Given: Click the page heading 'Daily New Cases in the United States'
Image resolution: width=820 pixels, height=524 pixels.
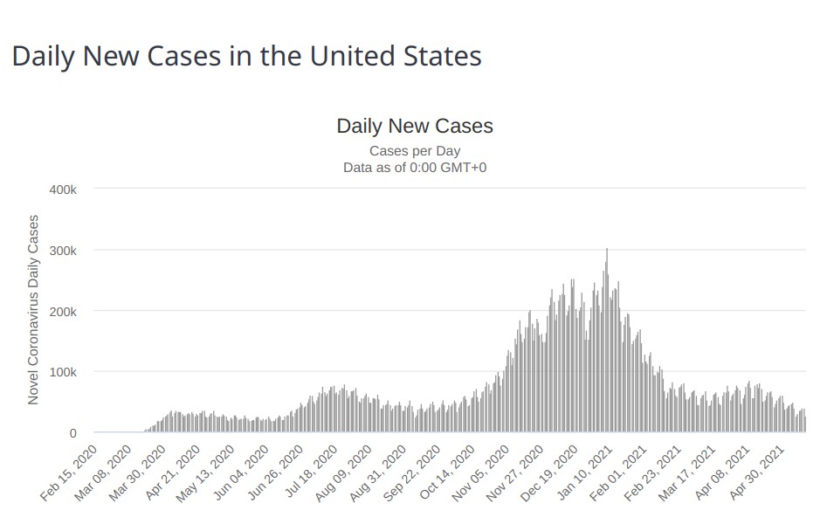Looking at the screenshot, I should point(246,57).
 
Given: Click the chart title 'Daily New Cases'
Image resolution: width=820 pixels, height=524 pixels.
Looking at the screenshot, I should point(415,126).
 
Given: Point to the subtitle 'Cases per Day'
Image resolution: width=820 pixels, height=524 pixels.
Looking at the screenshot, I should point(415,151).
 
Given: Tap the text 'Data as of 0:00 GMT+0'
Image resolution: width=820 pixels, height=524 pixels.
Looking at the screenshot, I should point(415,167).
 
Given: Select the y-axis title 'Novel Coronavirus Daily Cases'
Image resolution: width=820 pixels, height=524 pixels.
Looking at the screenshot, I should point(34,309).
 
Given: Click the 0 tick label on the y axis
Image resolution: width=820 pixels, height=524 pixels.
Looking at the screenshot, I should point(72,433).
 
